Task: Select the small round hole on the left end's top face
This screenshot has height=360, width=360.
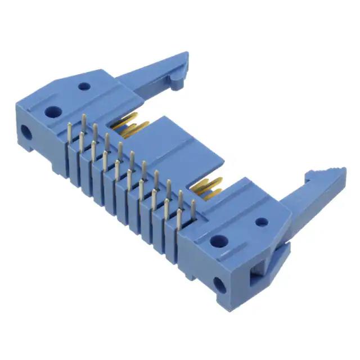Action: click(84, 87)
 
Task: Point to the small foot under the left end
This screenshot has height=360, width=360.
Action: click(57, 165)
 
